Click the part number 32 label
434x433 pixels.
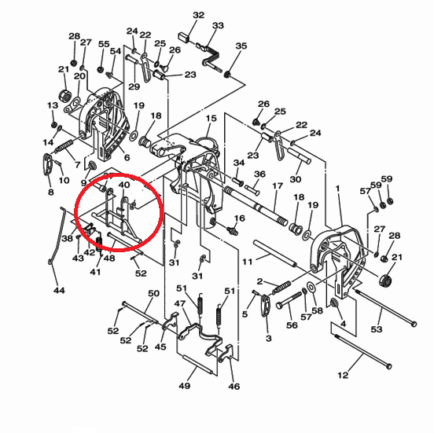[x=198, y=15]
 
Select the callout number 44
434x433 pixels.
[x=59, y=290]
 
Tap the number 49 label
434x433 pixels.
[x=184, y=385]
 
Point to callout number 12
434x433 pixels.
[x=343, y=375]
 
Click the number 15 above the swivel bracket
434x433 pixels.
[x=211, y=119]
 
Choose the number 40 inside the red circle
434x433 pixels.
[x=123, y=185]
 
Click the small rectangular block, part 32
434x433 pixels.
[x=184, y=37]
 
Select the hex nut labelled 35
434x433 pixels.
[x=227, y=75]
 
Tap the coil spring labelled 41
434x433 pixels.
[x=99, y=241]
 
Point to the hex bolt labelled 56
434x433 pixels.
[x=289, y=300]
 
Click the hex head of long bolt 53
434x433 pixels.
[x=414, y=324]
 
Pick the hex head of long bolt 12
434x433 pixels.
[x=388, y=366]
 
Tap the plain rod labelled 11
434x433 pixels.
[x=275, y=253]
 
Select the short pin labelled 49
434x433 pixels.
[x=197, y=365]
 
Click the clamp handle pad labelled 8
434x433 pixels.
[x=47, y=164]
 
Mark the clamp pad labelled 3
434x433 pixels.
[x=265, y=305]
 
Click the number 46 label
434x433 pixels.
[x=234, y=386]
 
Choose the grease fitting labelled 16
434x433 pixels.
[x=232, y=230]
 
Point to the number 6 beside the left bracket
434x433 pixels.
[x=127, y=158]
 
